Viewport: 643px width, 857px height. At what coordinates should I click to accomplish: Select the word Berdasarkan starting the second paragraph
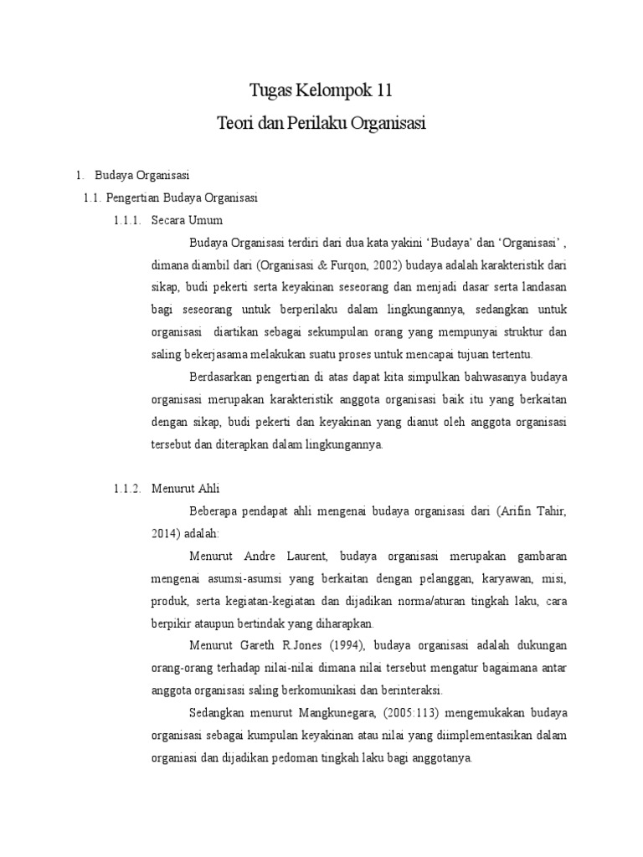(x=220, y=376)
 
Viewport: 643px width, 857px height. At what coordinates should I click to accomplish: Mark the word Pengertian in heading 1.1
(x=131, y=198)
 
